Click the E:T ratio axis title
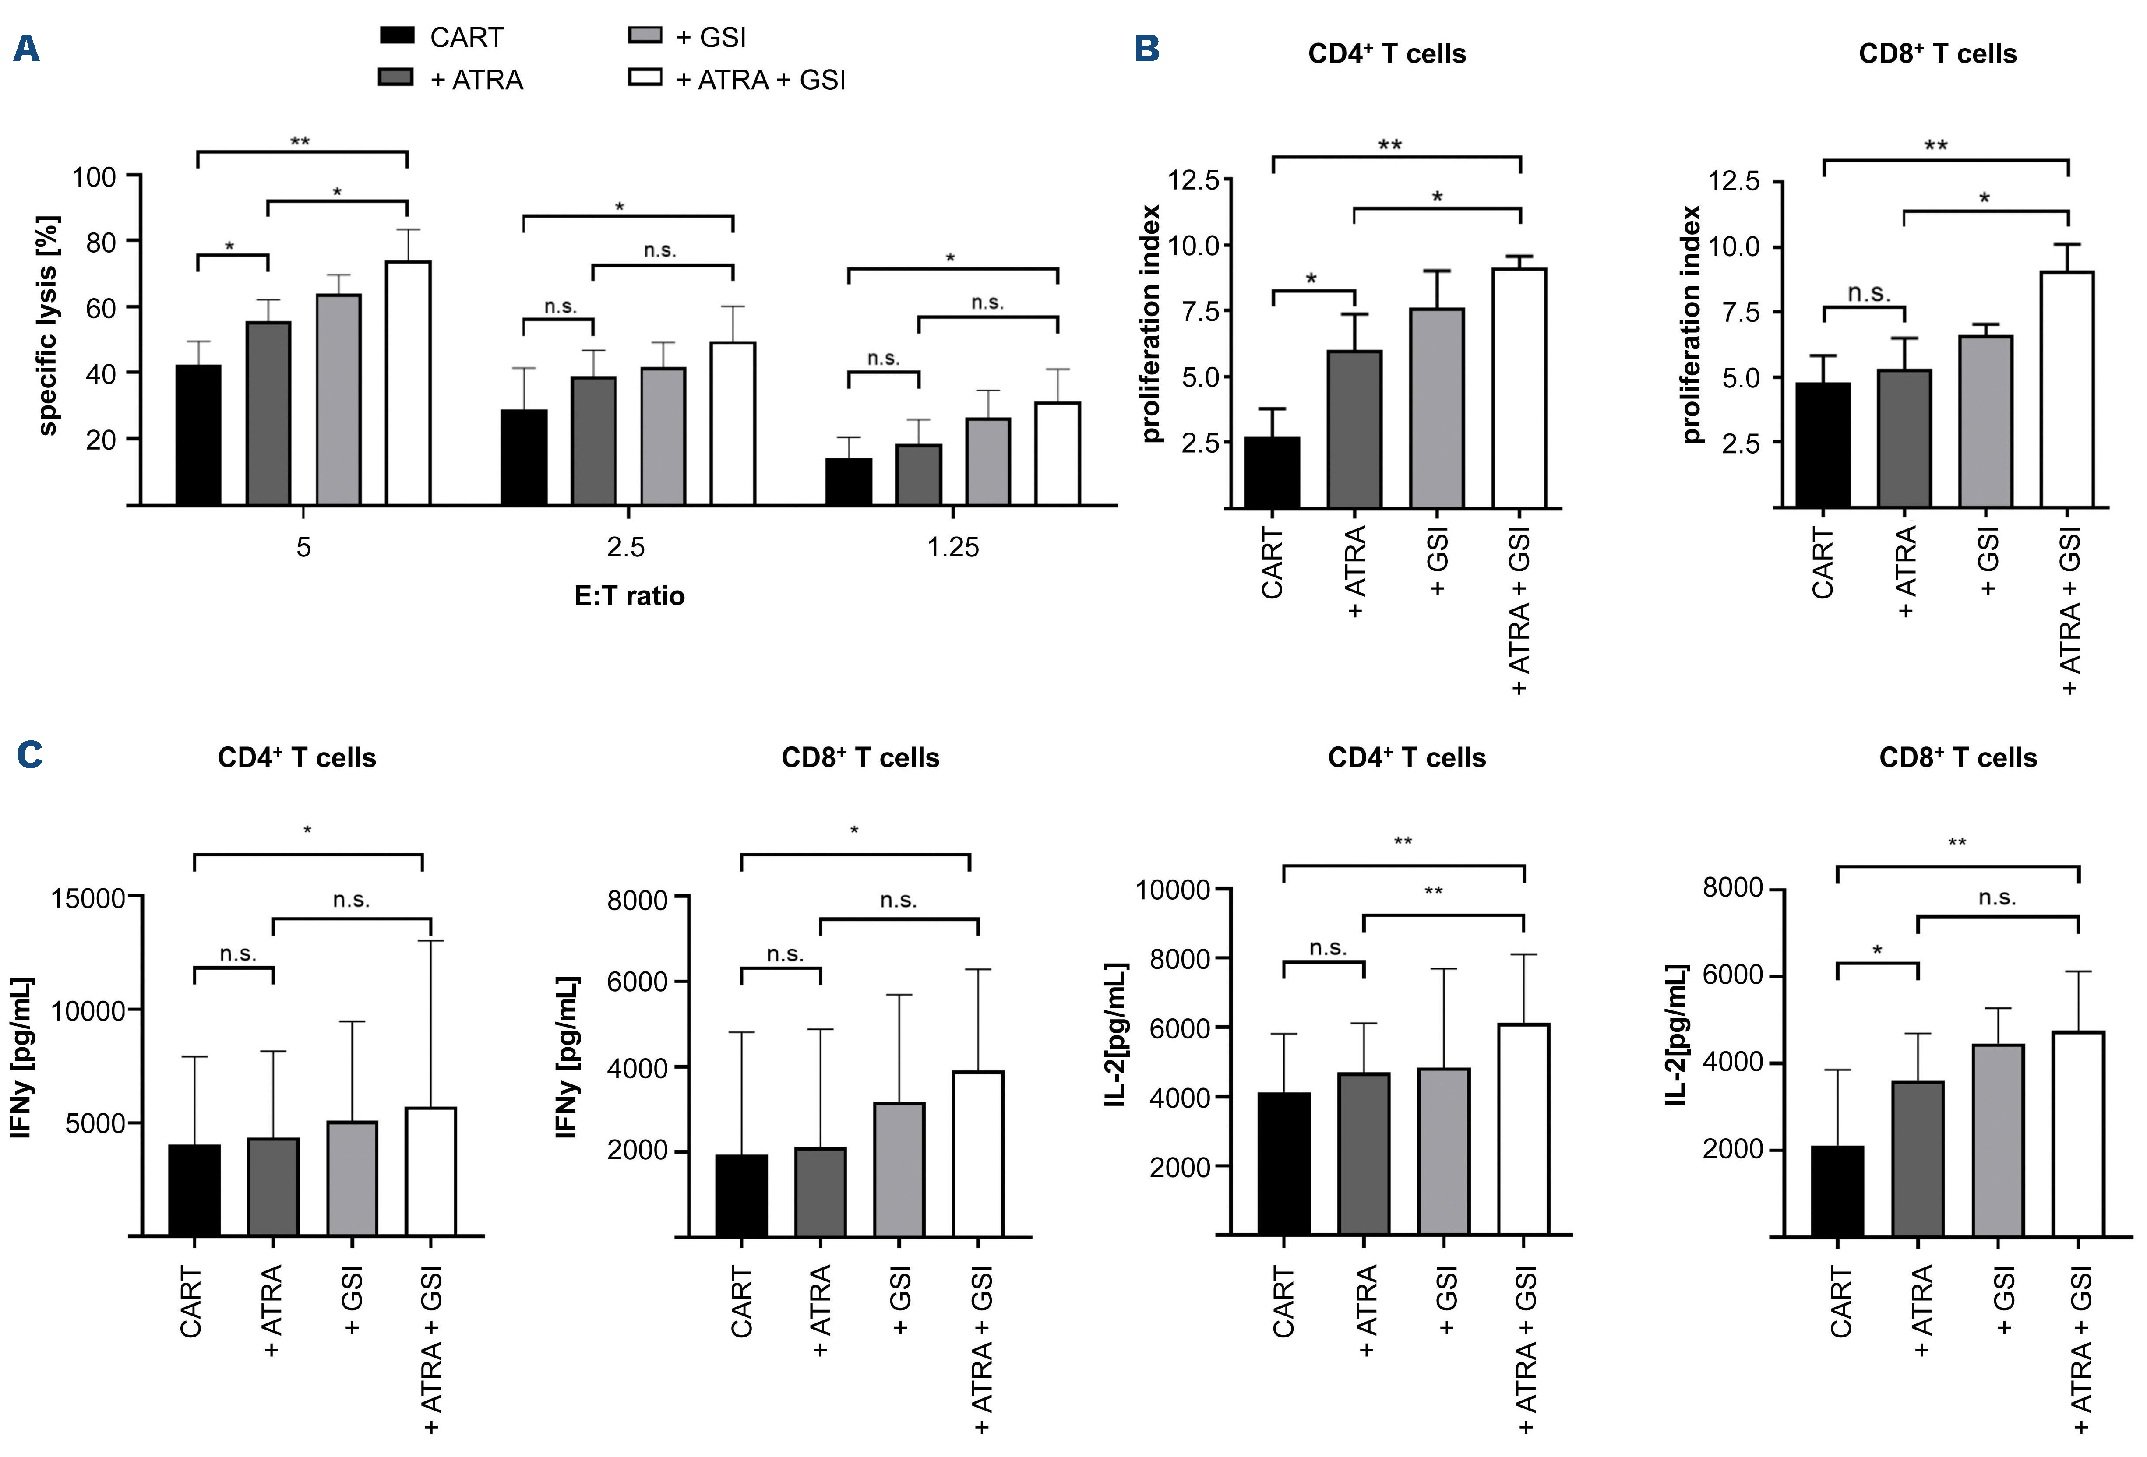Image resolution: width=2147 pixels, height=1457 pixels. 629,596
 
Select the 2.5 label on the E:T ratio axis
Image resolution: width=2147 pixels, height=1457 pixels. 625,548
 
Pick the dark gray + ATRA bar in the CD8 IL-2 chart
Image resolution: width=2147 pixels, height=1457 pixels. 1917,1158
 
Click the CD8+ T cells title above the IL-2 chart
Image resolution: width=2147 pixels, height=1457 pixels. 1958,757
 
